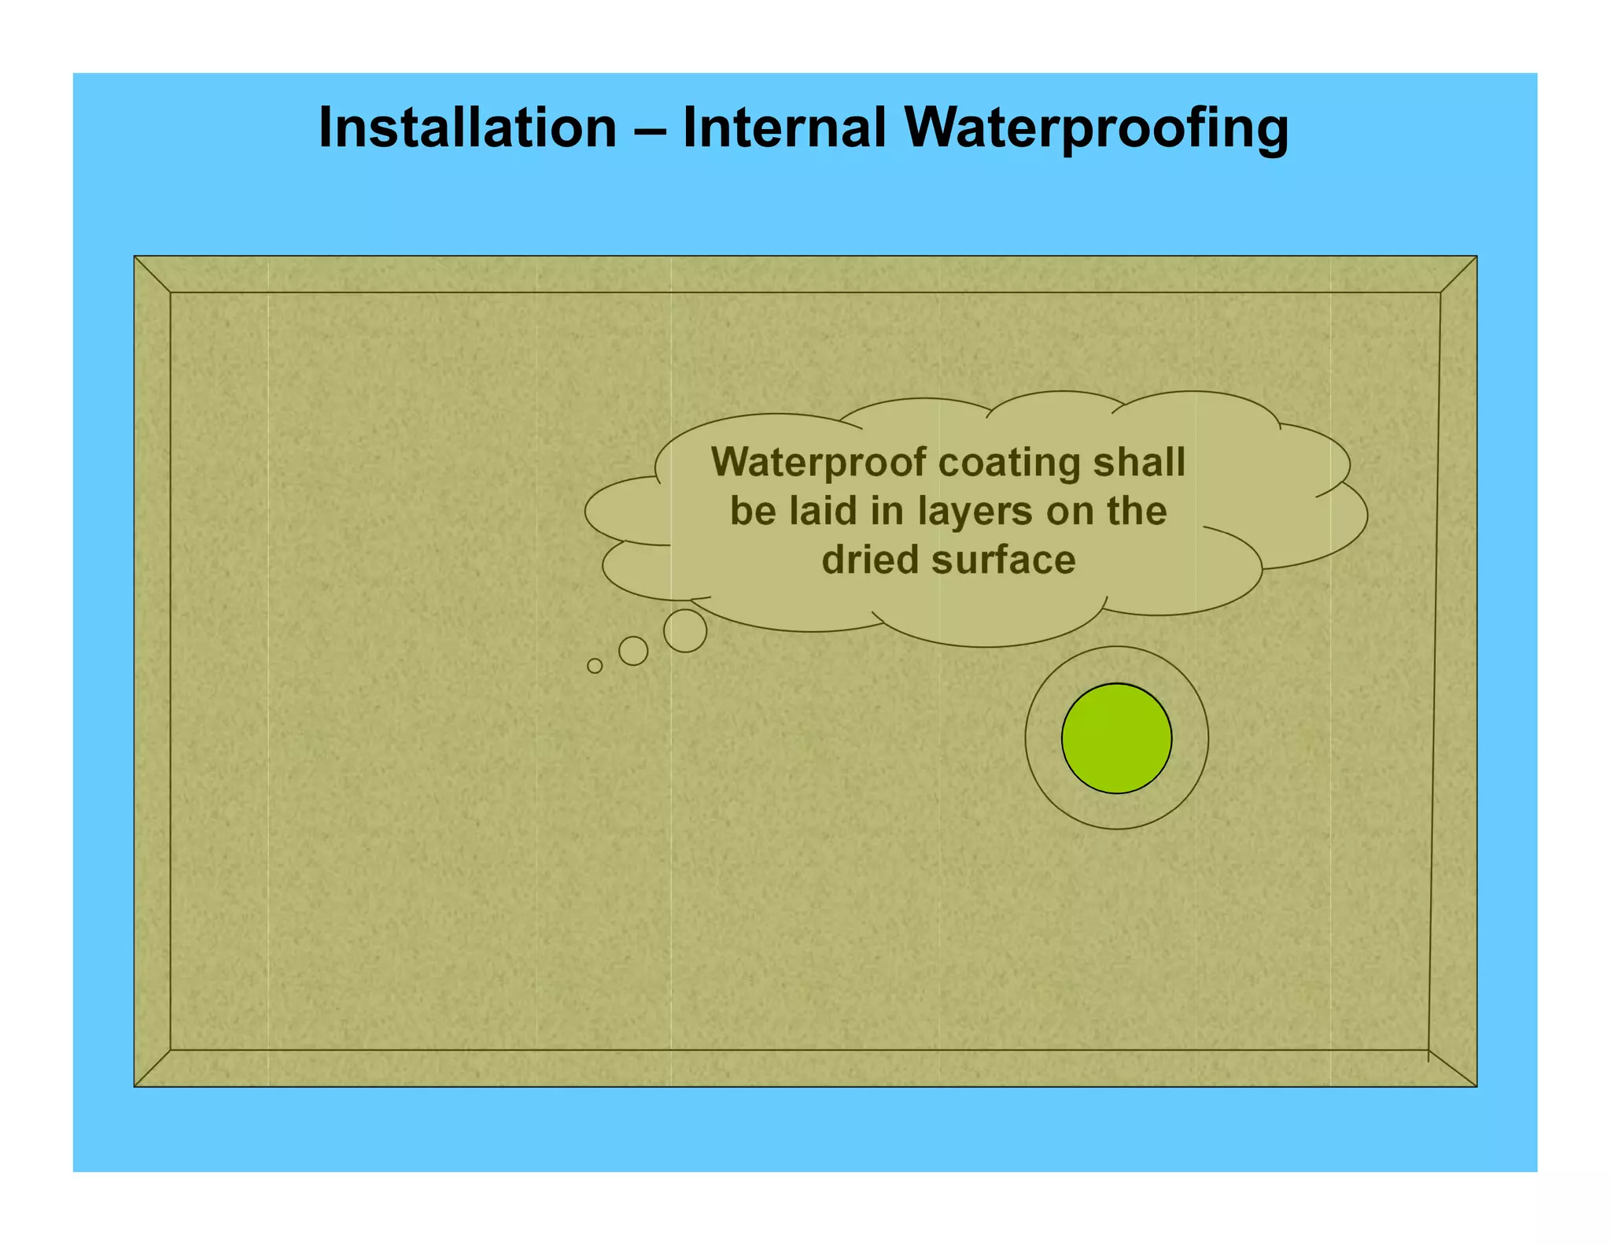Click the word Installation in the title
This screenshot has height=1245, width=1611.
[x=467, y=127]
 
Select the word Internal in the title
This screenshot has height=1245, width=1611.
[x=784, y=127]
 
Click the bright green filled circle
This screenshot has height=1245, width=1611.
[x=1116, y=738]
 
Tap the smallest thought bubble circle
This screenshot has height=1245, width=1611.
[x=595, y=666]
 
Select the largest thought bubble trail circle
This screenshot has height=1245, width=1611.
[x=685, y=630]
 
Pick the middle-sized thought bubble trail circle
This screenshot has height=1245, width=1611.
[x=633, y=651]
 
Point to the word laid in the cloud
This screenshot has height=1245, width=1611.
[x=823, y=511]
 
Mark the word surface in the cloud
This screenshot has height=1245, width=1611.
[x=1004, y=560]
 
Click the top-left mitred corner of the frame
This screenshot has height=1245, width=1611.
[x=153, y=275]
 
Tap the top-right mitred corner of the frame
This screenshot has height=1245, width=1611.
[x=1458, y=275]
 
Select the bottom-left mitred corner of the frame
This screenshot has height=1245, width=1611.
[x=153, y=1068]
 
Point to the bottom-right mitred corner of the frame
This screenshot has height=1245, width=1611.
[x=1452, y=1068]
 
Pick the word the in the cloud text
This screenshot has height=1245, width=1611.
[x=1137, y=511]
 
